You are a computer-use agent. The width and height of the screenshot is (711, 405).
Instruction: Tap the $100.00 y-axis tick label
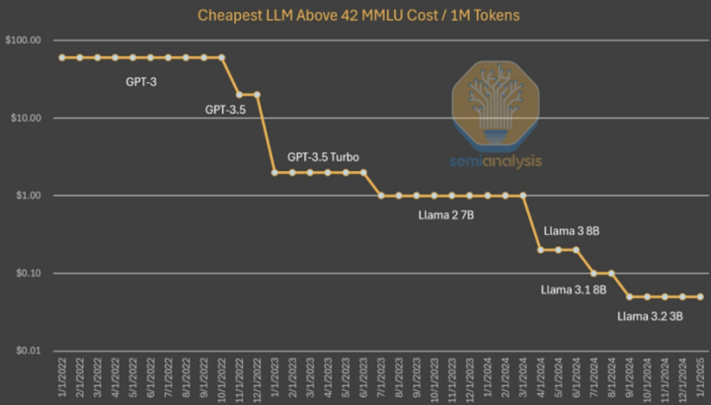pos(24,40)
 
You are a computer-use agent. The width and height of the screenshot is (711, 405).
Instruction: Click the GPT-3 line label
pos(140,81)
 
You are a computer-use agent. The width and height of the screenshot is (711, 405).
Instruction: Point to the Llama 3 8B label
pos(572,231)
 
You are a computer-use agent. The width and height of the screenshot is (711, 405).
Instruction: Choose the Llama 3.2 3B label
pos(650,317)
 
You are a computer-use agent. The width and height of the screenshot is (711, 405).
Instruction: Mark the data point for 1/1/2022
pos(61,57)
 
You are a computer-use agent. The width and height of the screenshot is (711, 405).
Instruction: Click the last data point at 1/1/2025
pos(700,296)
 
